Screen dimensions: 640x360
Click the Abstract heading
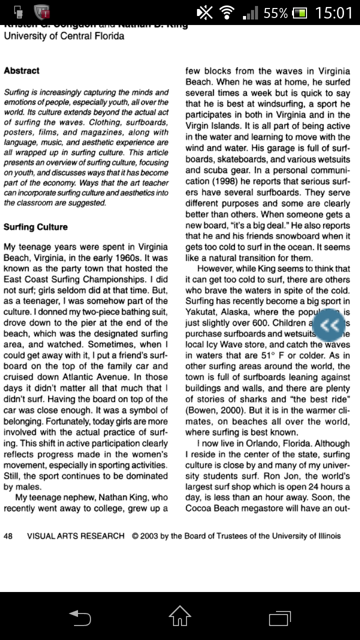21,71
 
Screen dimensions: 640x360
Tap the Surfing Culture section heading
35,227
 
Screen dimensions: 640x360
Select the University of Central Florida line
64,36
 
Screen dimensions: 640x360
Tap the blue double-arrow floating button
329,325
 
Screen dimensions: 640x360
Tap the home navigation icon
180,616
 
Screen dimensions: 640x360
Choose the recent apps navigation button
279,617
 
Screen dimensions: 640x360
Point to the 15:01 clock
333,13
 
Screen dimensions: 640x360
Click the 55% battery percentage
275,13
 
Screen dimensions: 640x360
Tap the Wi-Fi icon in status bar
228,13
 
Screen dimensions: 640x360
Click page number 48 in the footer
8,536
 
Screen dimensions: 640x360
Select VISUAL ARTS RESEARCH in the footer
75,536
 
